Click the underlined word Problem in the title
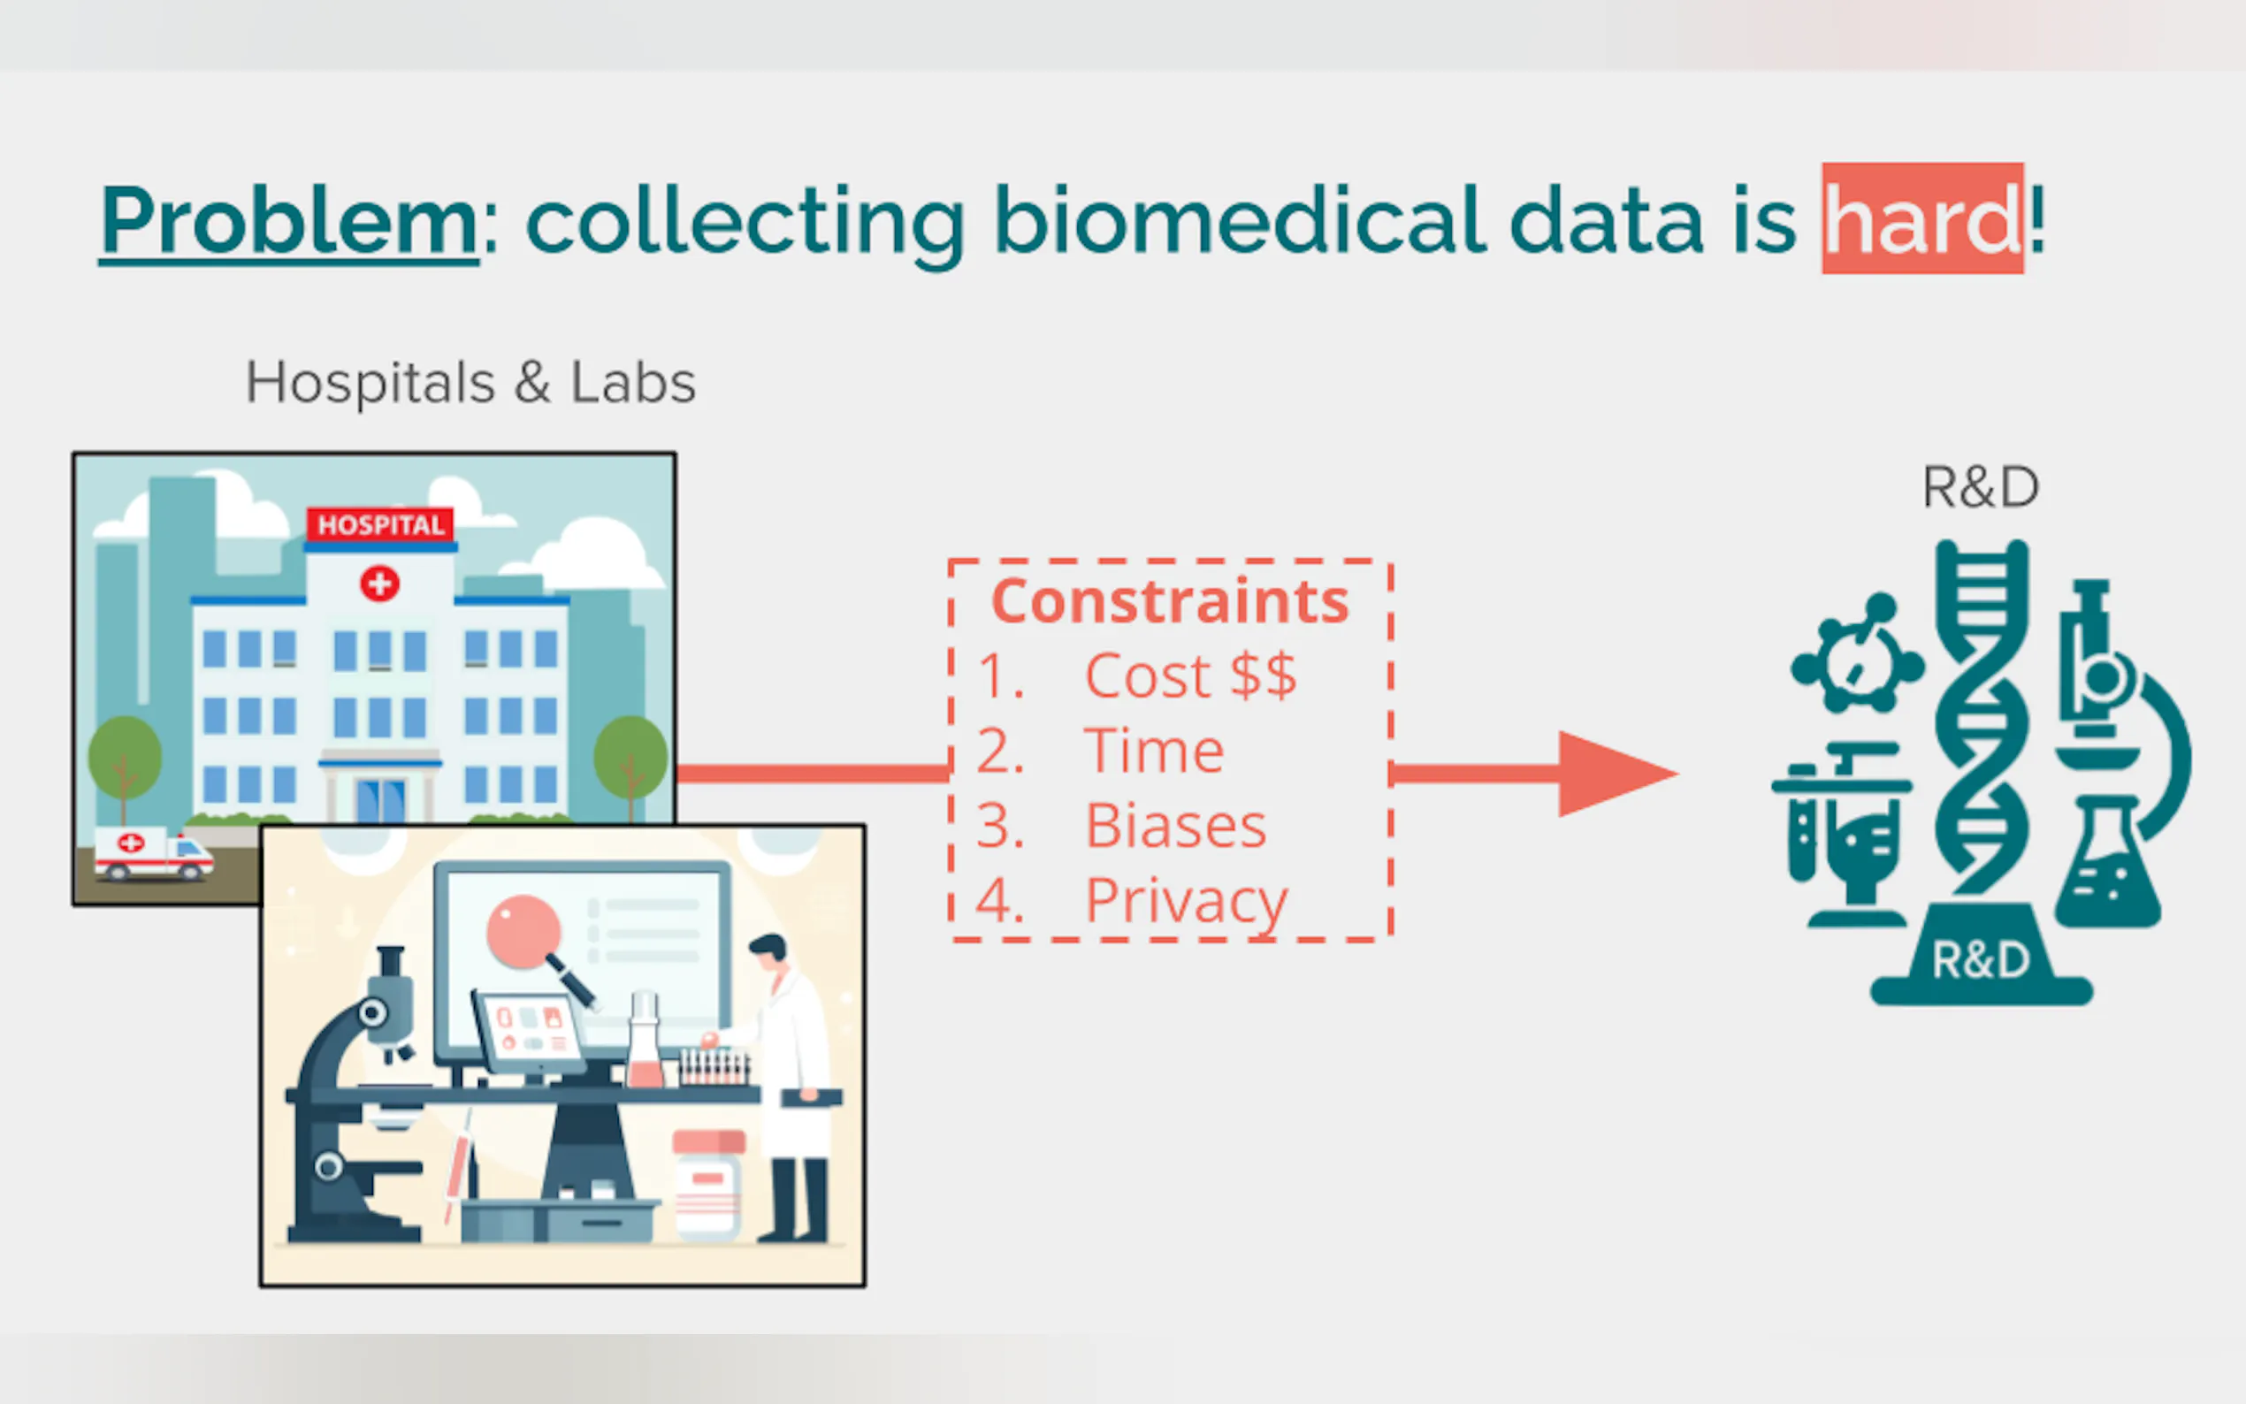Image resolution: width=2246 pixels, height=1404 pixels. click(289, 221)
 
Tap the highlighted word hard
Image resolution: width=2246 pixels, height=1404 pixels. click(1922, 218)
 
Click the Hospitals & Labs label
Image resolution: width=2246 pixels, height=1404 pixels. click(470, 383)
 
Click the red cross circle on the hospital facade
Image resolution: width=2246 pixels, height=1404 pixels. click(379, 584)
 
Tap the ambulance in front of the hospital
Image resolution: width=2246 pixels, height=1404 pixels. click(153, 853)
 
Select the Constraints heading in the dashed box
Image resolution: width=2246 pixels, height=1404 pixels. click(1170, 602)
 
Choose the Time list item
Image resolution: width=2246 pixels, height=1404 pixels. click(1154, 751)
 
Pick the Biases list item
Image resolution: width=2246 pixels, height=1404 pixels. click(1175, 826)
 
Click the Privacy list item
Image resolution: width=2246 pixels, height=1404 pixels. click(1187, 902)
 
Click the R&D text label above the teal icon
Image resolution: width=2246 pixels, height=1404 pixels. click(1981, 487)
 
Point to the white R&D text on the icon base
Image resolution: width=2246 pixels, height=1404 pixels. click(1981, 961)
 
